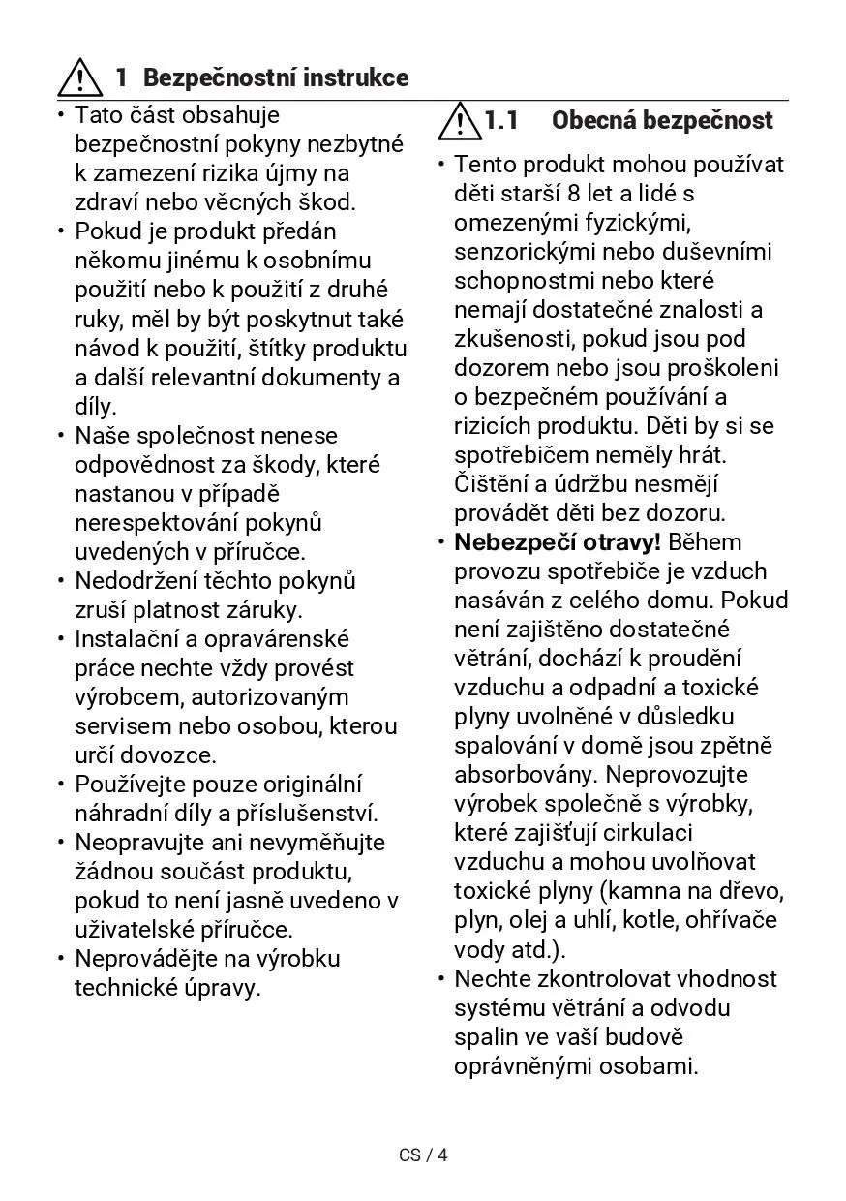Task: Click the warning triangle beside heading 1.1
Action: pyautogui.click(x=459, y=120)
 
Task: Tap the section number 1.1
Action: pyautogui.click(x=501, y=121)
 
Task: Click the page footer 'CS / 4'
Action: pyautogui.click(x=424, y=1155)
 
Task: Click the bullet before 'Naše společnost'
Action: pyautogui.click(x=60, y=436)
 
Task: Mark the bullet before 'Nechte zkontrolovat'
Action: pyautogui.click(x=439, y=978)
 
